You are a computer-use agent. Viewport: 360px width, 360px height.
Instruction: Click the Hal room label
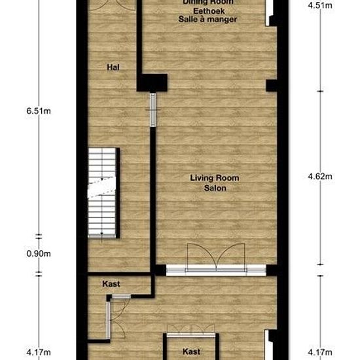click(x=113, y=67)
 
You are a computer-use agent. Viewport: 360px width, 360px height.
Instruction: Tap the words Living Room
click(x=215, y=178)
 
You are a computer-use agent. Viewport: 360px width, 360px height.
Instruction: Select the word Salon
click(x=215, y=188)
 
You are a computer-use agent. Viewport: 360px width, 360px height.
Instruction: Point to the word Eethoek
click(x=209, y=11)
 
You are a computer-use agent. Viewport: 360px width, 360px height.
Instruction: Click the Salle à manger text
click(x=207, y=19)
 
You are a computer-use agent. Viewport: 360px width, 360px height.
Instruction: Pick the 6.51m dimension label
click(x=39, y=111)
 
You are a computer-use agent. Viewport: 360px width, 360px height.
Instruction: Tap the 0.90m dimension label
click(x=39, y=254)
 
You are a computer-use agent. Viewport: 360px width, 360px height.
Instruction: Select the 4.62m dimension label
click(x=320, y=176)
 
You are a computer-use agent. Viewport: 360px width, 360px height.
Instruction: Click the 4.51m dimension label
click(x=320, y=5)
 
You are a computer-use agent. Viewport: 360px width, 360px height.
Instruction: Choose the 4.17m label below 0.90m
click(x=39, y=352)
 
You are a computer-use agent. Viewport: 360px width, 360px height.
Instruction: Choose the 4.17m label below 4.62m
click(x=320, y=352)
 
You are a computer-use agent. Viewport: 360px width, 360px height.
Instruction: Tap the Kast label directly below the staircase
click(x=111, y=284)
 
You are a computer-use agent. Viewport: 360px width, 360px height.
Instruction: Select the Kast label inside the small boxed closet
click(x=191, y=351)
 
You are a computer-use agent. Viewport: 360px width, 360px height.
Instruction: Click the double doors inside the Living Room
click(x=216, y=257)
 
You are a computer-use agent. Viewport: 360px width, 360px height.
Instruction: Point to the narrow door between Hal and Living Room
click(x=153, y=110)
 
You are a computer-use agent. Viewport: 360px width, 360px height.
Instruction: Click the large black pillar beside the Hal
click(x=152, y=83)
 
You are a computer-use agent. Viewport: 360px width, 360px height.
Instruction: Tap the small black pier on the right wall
click(x=272, y=85)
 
